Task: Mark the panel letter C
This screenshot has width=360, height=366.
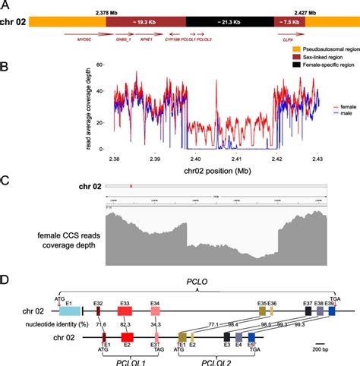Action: pos(5,180)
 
